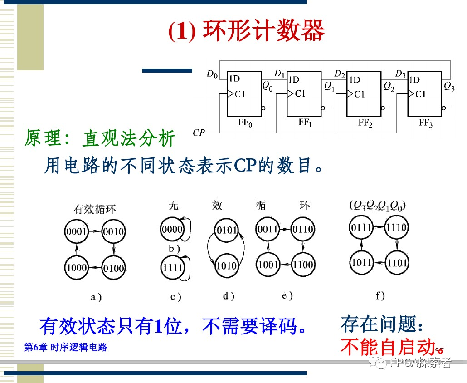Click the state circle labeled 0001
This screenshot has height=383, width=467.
tap(76, 232)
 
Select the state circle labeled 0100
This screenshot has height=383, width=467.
tap(113, 267)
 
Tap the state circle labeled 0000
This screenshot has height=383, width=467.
tap(172, 230)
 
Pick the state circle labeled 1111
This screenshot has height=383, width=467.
tap(172, 268)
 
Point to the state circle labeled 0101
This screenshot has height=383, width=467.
tap(226, 230)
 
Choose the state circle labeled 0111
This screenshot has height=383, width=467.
tap(361, 227)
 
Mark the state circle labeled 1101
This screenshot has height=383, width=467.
tap(397, 263)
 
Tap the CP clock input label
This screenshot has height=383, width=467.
tap(199, 133)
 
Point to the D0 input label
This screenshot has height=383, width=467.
tap(212, 74)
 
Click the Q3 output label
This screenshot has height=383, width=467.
tap(449, 86)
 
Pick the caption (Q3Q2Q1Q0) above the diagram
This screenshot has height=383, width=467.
tap(378, 206)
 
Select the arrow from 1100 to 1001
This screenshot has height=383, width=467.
tap(286, 264)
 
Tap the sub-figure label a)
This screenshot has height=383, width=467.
tap(96, 297)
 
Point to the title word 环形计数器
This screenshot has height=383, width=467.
tap(263, 31)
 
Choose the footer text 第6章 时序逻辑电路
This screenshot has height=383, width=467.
tap(66, 348)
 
